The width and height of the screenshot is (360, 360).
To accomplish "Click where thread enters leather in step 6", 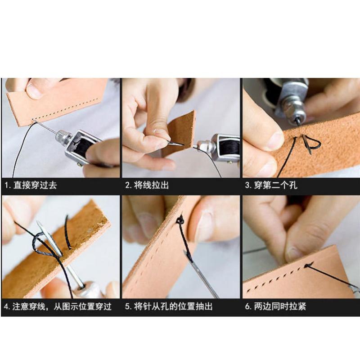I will pos(308,265).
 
